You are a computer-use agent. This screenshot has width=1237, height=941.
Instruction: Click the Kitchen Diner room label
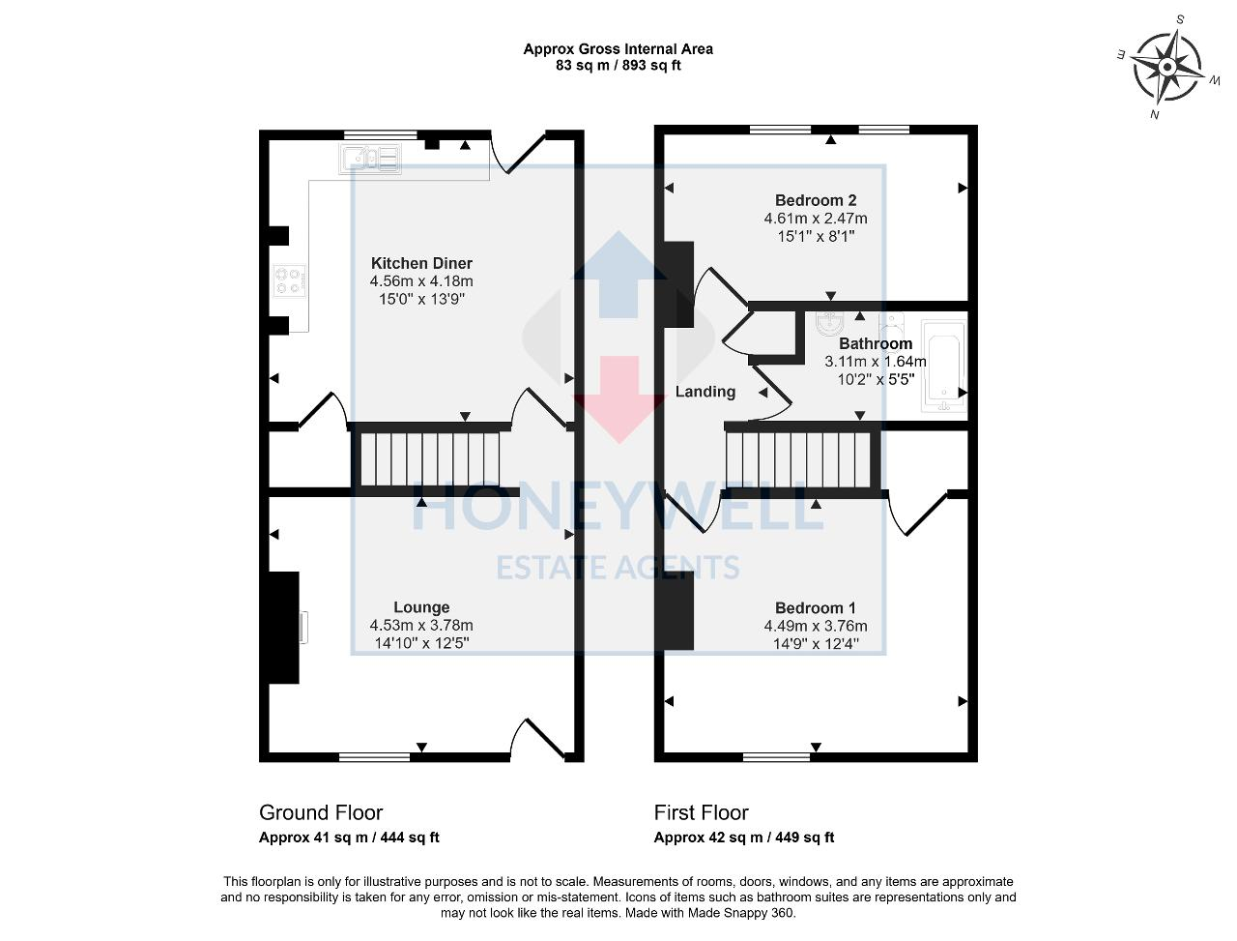pyautogui.click(x=421, y=263)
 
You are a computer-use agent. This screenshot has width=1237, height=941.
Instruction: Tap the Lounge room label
pyautogui.click(x=421, y=607)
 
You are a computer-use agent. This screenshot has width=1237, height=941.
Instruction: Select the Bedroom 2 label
pyautogui.click(x=816, y=200)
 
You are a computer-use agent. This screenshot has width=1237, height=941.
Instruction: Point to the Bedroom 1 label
pyautogui.click(x=816, y=607)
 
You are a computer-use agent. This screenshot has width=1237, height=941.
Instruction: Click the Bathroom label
pyautogui.click(x=875, y=343)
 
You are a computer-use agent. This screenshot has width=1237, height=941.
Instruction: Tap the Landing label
pyautogui.click(x=705, y=392)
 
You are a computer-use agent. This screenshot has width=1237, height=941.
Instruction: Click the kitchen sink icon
pyautogui.click(x=370, y=159)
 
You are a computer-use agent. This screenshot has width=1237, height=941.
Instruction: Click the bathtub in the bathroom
pyautogui.click(x=943, y=367)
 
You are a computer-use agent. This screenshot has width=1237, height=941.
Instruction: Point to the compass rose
pyautogui.click(x=1167, y=67)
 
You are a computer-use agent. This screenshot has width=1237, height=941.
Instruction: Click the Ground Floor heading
pyautogui.click(x=321, y=812)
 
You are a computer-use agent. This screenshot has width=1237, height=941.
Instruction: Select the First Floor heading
pyautogui.click(x=701, y=812)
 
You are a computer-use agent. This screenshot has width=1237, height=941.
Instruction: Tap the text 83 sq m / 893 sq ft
pyautogui.click(x=618, y=66)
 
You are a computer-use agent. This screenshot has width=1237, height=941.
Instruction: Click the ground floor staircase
pyautogui.click(x=429, y=460)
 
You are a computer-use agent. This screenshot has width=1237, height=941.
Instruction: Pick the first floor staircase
pyautogui.click(x=798, y=460)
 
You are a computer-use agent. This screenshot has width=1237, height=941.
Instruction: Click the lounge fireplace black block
pyautogui.click(x=281, y=628)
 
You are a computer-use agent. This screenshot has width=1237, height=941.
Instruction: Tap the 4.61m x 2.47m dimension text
pyautogui.click(x=816, y=219)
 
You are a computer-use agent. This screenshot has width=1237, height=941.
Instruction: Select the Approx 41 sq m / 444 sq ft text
pyautogui.click(x=349, y=838)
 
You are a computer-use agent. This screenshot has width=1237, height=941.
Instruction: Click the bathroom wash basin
pyautogui.click(x=830, y=321)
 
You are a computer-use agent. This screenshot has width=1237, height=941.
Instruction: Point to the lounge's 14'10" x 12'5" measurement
pyautogui.click(x=421, y=642)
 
